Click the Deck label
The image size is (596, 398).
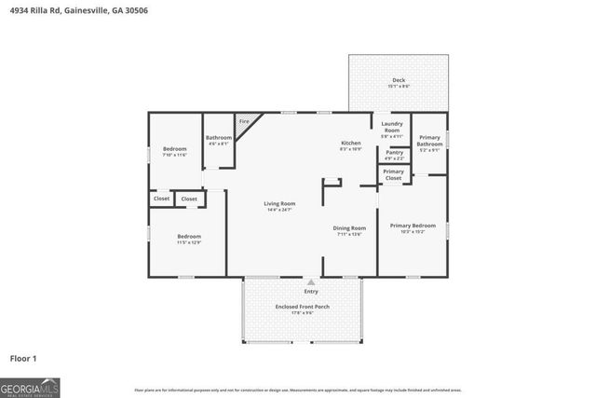pyautogui.click(x=398, y=80)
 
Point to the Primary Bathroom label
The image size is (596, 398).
pyautogui.click(x=429, y=141)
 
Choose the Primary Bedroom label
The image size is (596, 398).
pyautogui.click(x=413, y=226)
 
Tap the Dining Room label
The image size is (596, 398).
pyautogui.click(x=349, y=227)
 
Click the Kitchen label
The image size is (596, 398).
pyautogui.click(x=350, y=143)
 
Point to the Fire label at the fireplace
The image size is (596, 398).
pyautogui.click(x=244, y=122)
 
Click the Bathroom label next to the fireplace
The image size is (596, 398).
pyautogui.click(x=218, y=138)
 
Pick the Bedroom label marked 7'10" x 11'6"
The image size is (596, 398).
pyautogui.click(x=175, y=149)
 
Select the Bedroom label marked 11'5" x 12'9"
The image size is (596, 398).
pyautogui.click(x=189, y=237)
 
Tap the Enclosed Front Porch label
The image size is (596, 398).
pyautogui.click(x=302, y=307)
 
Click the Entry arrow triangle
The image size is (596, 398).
pyautogui.click(x=311, y=281)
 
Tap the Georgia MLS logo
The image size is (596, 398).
pyautogui.click(x=30, y=384)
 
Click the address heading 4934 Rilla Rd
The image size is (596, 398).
pyautogui.click(x=79, y=10)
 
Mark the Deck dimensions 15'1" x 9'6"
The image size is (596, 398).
pyautogui.click(x=398, y=87)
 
